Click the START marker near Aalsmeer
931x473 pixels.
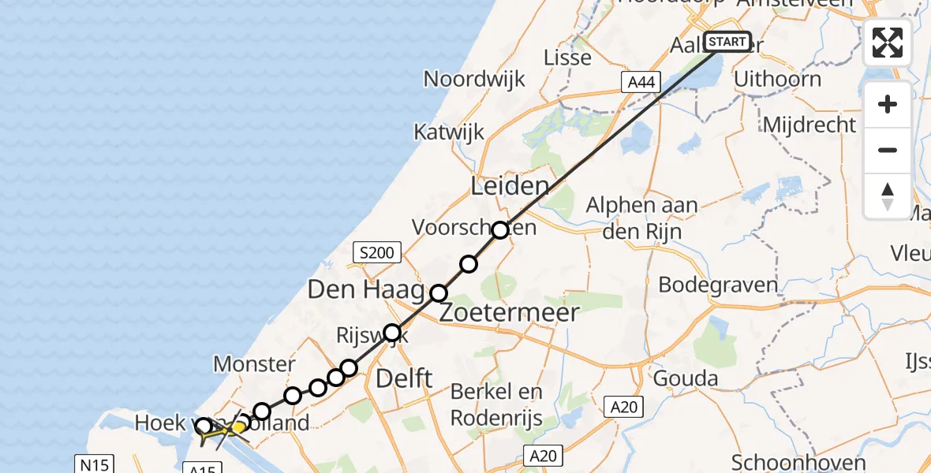coord(727,41)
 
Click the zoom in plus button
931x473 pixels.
coord(888,105)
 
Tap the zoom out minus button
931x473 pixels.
coord(888,150)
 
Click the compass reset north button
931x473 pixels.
coord(888,196)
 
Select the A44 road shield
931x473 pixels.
coord(640,81)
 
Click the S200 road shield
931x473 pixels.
coord(378,253)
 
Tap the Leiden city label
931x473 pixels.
coord(509,187)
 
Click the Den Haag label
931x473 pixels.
coord(365,290)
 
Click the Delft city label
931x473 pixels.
coord(404,378)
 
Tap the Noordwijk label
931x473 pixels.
coord(474,79)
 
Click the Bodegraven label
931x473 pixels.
coord(718,285)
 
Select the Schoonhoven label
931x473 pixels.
coord(798,462)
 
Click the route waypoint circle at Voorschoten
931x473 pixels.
coord(500,230)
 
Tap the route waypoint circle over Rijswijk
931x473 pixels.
coord(392,332)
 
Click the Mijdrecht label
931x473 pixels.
coord(809,125)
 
